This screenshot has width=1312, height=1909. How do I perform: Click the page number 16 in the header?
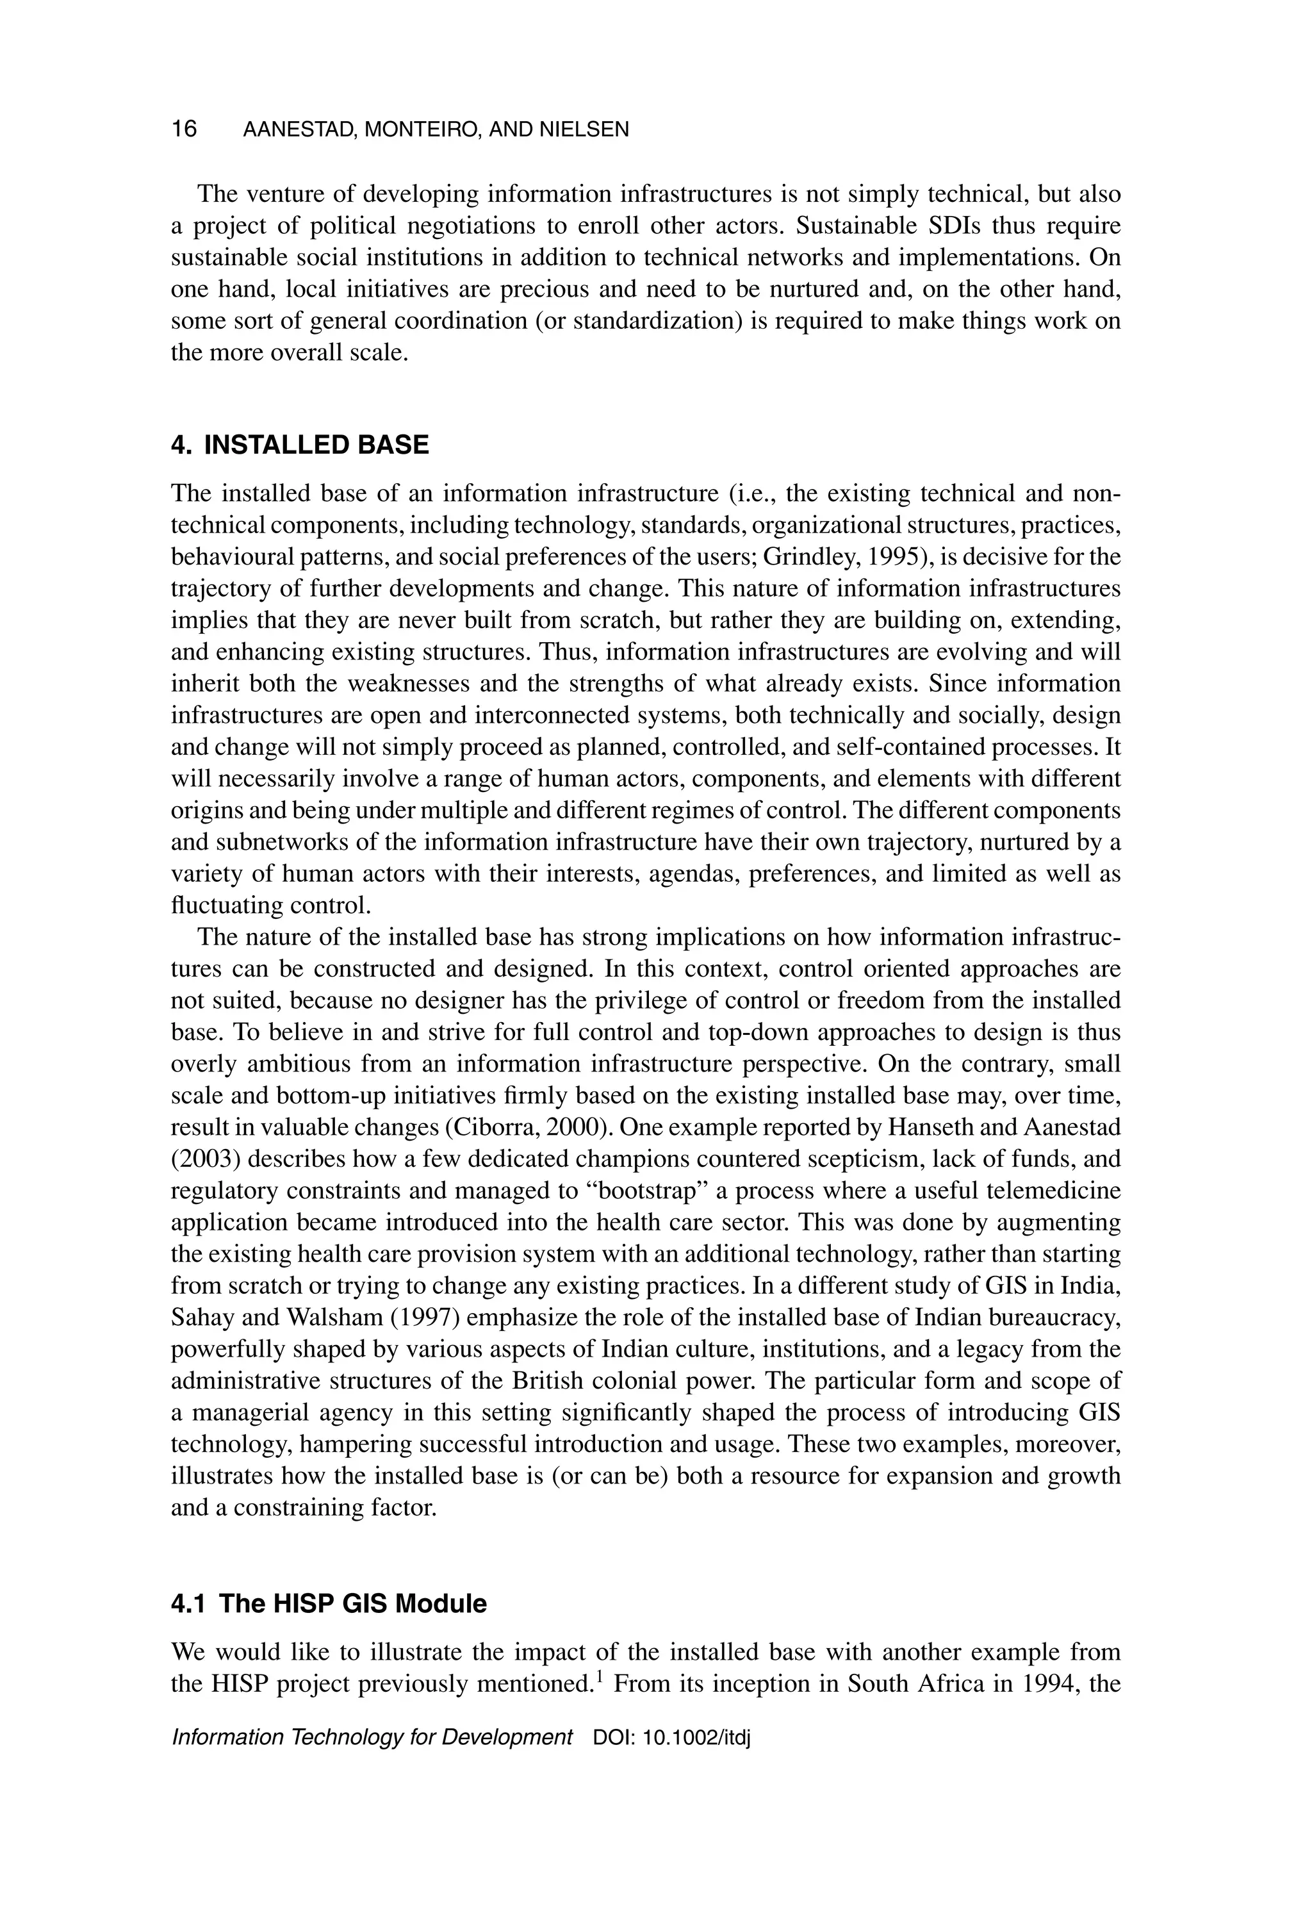point(184,129)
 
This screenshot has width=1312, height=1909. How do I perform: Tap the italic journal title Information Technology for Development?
point(372,1737)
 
